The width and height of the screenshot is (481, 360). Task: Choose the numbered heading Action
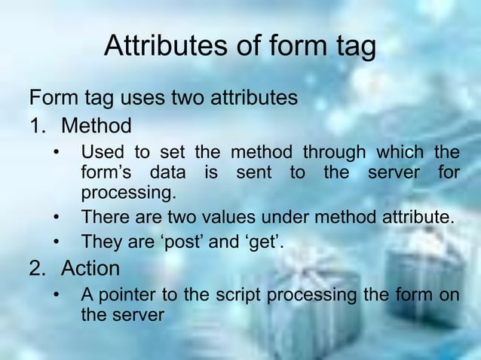click(x=90, y=268)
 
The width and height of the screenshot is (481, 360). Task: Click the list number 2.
click(x=38, y=268)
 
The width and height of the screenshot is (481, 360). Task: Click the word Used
click(x=103, y=152)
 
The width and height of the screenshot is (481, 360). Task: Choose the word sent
click(x=253, y=172)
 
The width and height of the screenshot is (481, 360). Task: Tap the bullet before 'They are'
click(x=56, y=243)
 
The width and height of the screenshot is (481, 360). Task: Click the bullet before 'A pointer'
click(x=56, y=294)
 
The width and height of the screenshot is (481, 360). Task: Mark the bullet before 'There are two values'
click(x=56, y=218)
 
